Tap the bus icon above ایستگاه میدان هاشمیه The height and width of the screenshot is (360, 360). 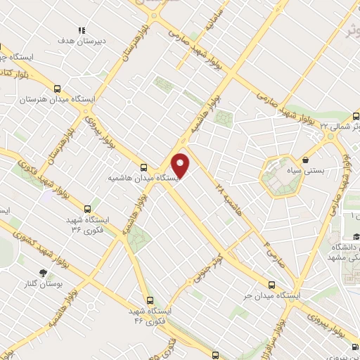144,167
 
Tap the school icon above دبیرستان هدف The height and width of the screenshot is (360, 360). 82,30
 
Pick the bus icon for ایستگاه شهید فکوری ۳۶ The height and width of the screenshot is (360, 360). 88,208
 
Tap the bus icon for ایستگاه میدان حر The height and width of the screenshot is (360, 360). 274,285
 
